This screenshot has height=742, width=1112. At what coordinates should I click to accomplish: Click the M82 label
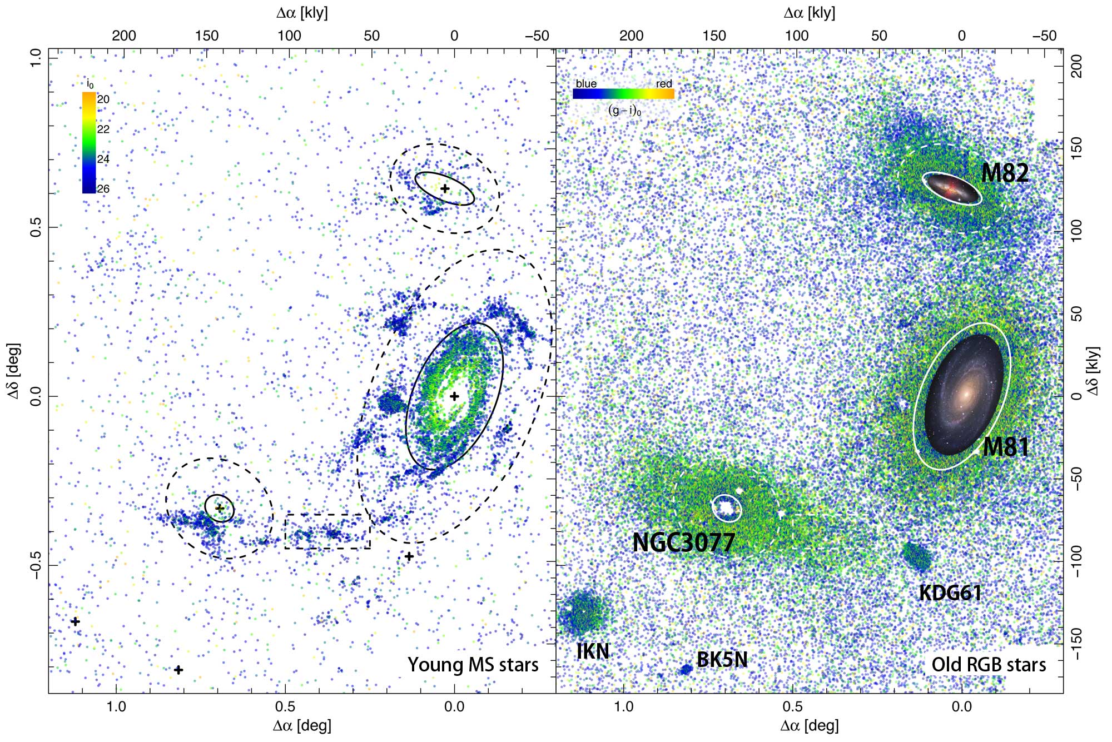[x=1004, y=173]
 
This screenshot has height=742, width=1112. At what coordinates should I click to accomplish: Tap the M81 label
[x=1005, y=447]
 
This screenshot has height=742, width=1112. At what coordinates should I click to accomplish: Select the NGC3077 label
[x=683, y=542]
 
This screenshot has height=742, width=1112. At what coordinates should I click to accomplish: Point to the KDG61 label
[x=950, y=593]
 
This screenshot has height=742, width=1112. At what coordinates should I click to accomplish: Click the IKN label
[x=593, y=651]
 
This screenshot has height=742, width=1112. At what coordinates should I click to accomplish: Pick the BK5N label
[x=722, y=660]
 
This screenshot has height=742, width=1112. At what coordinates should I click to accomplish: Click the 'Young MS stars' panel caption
[x=473, y=665]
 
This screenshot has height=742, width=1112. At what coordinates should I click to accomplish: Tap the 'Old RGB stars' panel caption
[x=989, y=665]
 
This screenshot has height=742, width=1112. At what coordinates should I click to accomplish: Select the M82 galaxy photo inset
[x=952, y=188]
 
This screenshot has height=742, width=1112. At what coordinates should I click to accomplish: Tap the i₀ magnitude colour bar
[x=89, y=143]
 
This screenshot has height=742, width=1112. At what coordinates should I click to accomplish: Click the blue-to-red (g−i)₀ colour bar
[x=623, y=94]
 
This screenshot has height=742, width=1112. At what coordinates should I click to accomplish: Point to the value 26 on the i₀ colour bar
[x=103, y=189]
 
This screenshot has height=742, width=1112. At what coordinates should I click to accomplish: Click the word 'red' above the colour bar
[x=664, y=84]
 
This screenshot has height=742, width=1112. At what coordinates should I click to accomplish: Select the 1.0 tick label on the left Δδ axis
[x=36, y=58]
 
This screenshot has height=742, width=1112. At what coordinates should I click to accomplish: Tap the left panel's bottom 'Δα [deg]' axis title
[x=302, y=725]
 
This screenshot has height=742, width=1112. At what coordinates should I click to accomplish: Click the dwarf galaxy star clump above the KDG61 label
[x=916, y=556]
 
